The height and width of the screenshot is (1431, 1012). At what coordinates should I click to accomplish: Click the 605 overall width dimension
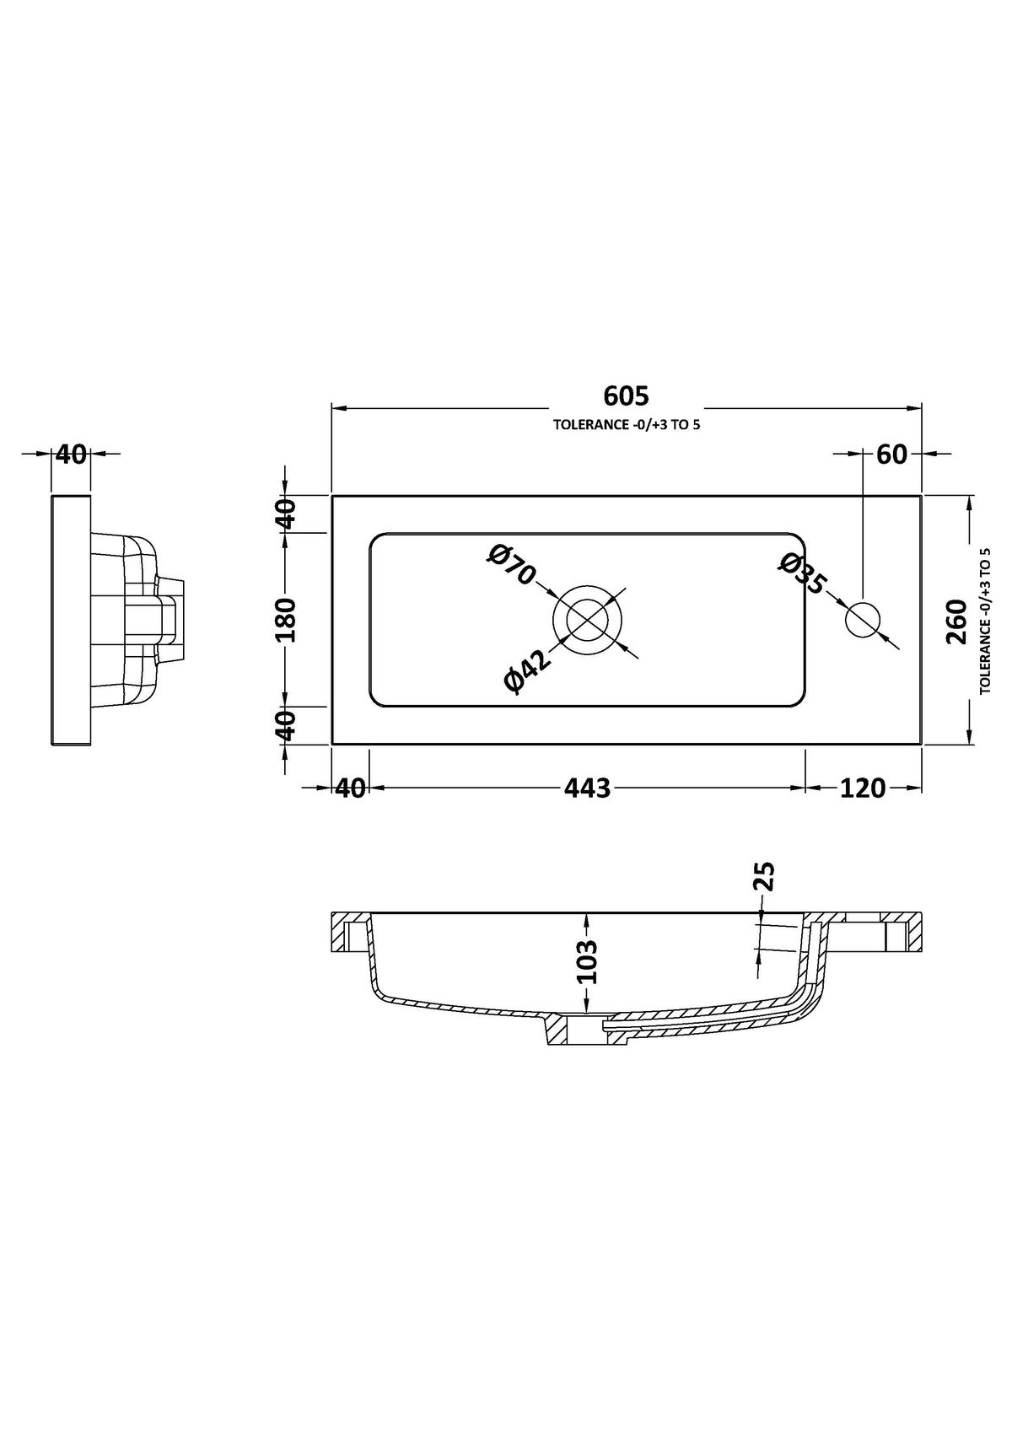tap(626, 396)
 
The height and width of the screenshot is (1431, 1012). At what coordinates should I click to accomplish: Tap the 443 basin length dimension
tap(588, 788)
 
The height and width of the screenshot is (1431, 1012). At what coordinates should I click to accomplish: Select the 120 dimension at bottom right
tap(863, 788)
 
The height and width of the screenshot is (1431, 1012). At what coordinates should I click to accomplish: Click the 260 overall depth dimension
tap(955, 621)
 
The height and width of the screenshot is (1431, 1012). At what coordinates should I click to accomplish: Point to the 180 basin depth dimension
tap(286, 620)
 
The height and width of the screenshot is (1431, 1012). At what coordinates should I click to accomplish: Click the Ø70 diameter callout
tap(511, 564)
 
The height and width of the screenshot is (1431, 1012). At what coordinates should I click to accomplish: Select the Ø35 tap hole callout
tap(803, 573)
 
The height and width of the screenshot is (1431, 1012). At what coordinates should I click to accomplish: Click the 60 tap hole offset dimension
tap(892, 455)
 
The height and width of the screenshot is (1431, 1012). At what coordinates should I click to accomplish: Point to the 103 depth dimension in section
tap(586, 961)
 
